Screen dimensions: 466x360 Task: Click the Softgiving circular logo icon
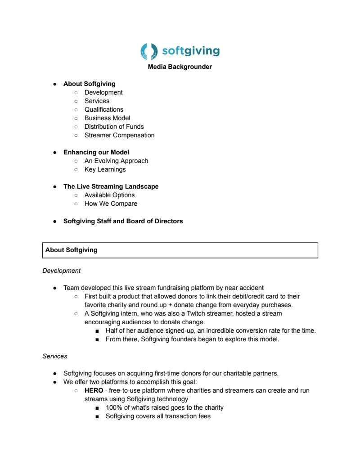(x=149, y=51)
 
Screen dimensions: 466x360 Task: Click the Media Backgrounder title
(x=180, y=67)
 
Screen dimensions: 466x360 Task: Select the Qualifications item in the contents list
(x=104, y=109)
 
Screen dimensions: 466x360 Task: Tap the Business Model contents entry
(x=108, y=118)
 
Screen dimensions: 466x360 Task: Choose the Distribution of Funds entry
(x=114, y=127)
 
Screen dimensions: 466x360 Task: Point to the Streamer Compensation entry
(x=120, y=135)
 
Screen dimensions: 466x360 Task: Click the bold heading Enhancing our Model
(x=96, y=152)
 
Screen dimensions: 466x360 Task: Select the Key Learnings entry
(x=105, y=169)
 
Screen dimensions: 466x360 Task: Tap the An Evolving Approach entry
(x=116, y=161)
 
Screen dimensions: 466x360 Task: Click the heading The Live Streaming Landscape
(x=111, y=186)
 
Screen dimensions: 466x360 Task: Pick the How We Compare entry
(x=111, y=204)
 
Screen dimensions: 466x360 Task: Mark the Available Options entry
(x=110, y=195)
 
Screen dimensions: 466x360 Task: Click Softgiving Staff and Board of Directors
(x=123, y=221)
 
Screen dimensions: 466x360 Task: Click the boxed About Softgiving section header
(x=72, y=250)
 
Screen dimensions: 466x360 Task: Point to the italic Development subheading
(x=62, y=271)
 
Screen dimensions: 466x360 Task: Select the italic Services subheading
(x=55, y=356)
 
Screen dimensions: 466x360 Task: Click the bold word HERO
(x=94, y=390)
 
